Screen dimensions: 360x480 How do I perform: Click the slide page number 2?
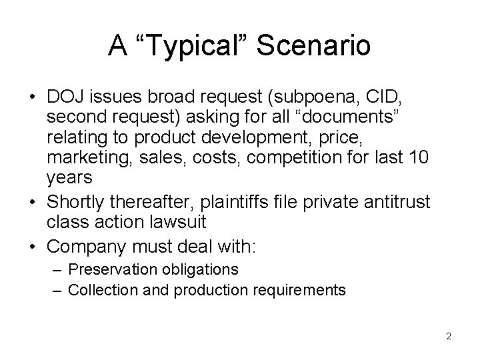click(x=449, y=336)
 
